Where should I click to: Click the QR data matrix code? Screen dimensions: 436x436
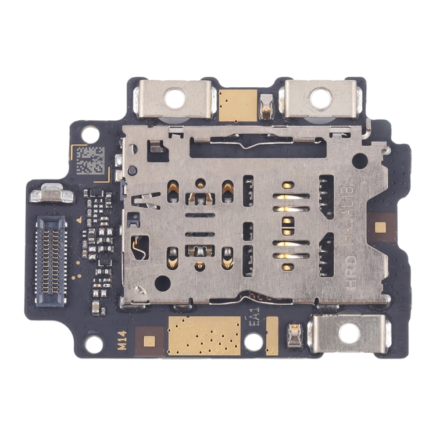point(91,160)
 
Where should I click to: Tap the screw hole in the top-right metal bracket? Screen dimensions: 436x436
point(321,98)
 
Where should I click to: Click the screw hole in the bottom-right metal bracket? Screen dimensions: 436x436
point(349,333)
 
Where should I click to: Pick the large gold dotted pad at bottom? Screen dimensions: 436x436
point(203,335)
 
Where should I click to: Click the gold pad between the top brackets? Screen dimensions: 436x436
point(238,105)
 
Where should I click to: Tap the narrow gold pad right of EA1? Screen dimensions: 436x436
point(272,335)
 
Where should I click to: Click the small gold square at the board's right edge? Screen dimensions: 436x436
point(381,226)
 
